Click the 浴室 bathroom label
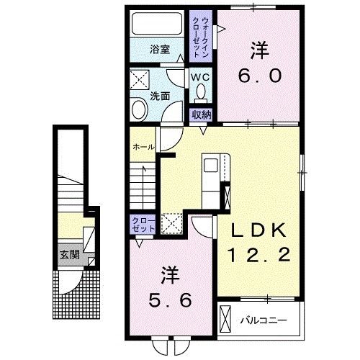coord(160,50)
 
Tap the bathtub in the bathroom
coord(157,24)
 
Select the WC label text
coord(200,77)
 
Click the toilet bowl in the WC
coord(201,91)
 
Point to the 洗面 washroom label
coord(160,96)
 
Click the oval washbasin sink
coord(139,109)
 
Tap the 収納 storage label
coord(201,115)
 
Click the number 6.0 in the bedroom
coord(260,76)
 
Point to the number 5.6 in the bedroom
coord(171,300)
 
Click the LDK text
coord(259,230)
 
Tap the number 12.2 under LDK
coord(259,255)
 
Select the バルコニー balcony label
coord(264,320)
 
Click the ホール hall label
coord(143,147)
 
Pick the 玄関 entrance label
coord(70,255)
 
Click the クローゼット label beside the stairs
coord(143,224)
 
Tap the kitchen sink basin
coord(211,166)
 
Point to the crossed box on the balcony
coord(225,319)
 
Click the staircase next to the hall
coord(143,186)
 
